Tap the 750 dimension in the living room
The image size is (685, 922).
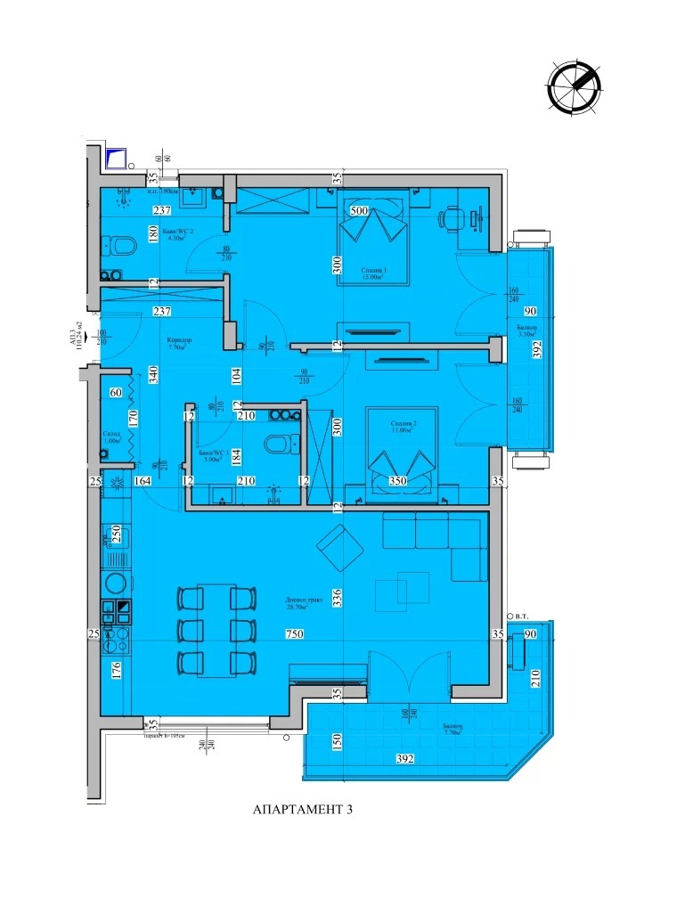[x=284, y=634]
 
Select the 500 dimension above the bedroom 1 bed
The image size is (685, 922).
[x=359, y=211]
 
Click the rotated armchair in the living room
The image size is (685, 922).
[x=338, y=549]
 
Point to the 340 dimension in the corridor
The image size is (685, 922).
[x=154, y=374]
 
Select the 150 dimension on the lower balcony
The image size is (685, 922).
[x=338, y=741]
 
